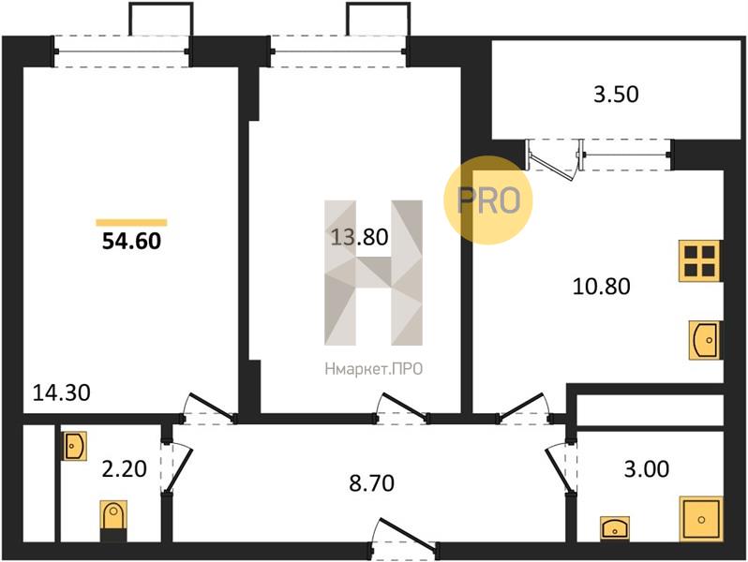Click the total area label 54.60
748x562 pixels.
[131, 241]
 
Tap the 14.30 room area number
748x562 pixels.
[62, 392]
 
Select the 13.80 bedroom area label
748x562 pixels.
[359, 237]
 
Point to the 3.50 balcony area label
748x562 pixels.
[616, 94]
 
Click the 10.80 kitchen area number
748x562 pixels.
[601, 287]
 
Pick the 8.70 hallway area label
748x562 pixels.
[371, 483]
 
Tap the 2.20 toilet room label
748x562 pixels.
[124, 469]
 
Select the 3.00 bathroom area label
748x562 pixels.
[647, 469]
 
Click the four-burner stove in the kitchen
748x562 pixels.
[699, 260]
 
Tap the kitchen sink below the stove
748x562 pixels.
[704, 340]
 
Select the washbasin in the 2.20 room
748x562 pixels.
[74, 446]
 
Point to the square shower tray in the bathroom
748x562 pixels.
[701, 519]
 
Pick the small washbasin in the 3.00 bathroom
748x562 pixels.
[615, 529]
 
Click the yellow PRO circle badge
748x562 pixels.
[488, 200]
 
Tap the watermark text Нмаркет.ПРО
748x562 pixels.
[373, 369]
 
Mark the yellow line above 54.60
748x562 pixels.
[131, 222]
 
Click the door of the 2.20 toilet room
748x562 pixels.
[176, 467]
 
